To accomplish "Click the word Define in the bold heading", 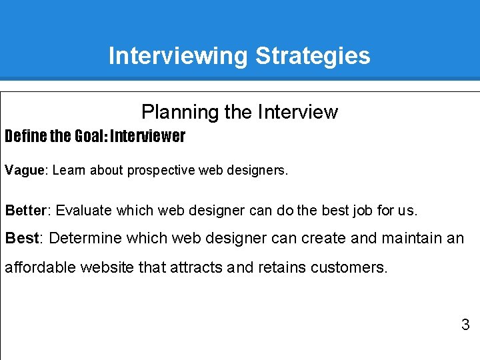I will tap(25, 137).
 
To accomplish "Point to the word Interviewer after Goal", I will tap(148, 137).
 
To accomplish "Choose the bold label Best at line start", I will tap(23, 238).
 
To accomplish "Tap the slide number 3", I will tap(465, 325).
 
